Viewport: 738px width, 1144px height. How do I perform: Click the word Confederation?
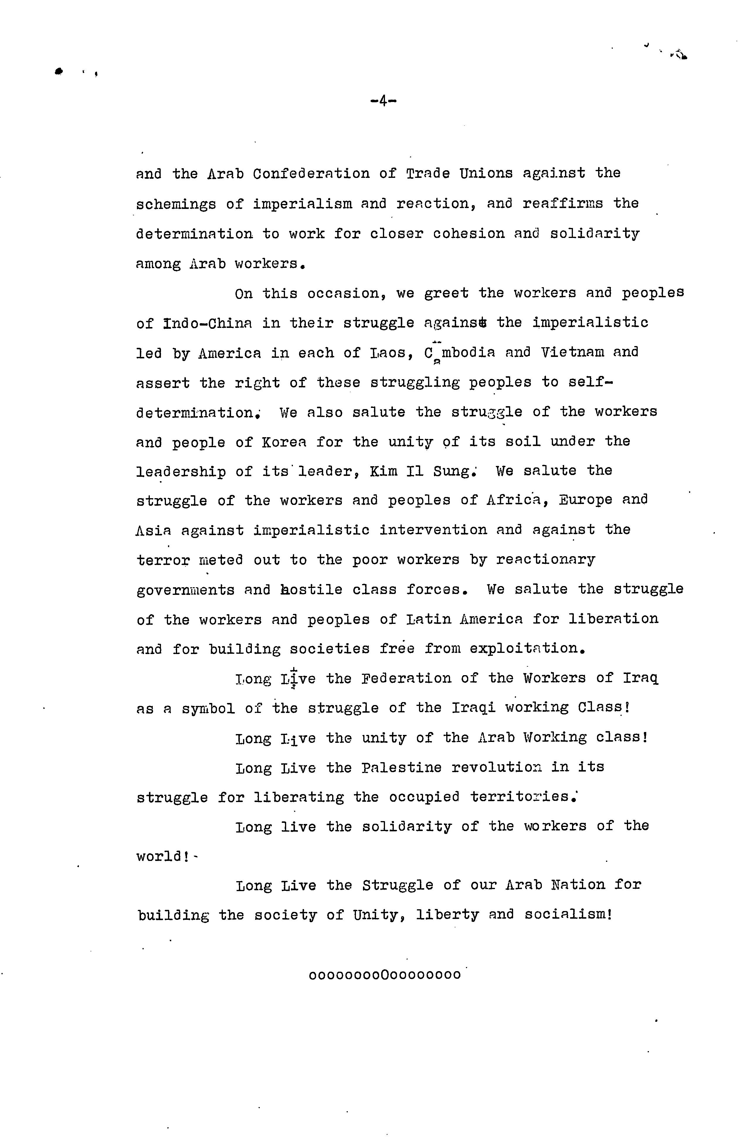311,173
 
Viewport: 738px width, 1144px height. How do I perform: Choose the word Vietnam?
573,353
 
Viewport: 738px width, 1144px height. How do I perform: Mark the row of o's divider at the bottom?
385,975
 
